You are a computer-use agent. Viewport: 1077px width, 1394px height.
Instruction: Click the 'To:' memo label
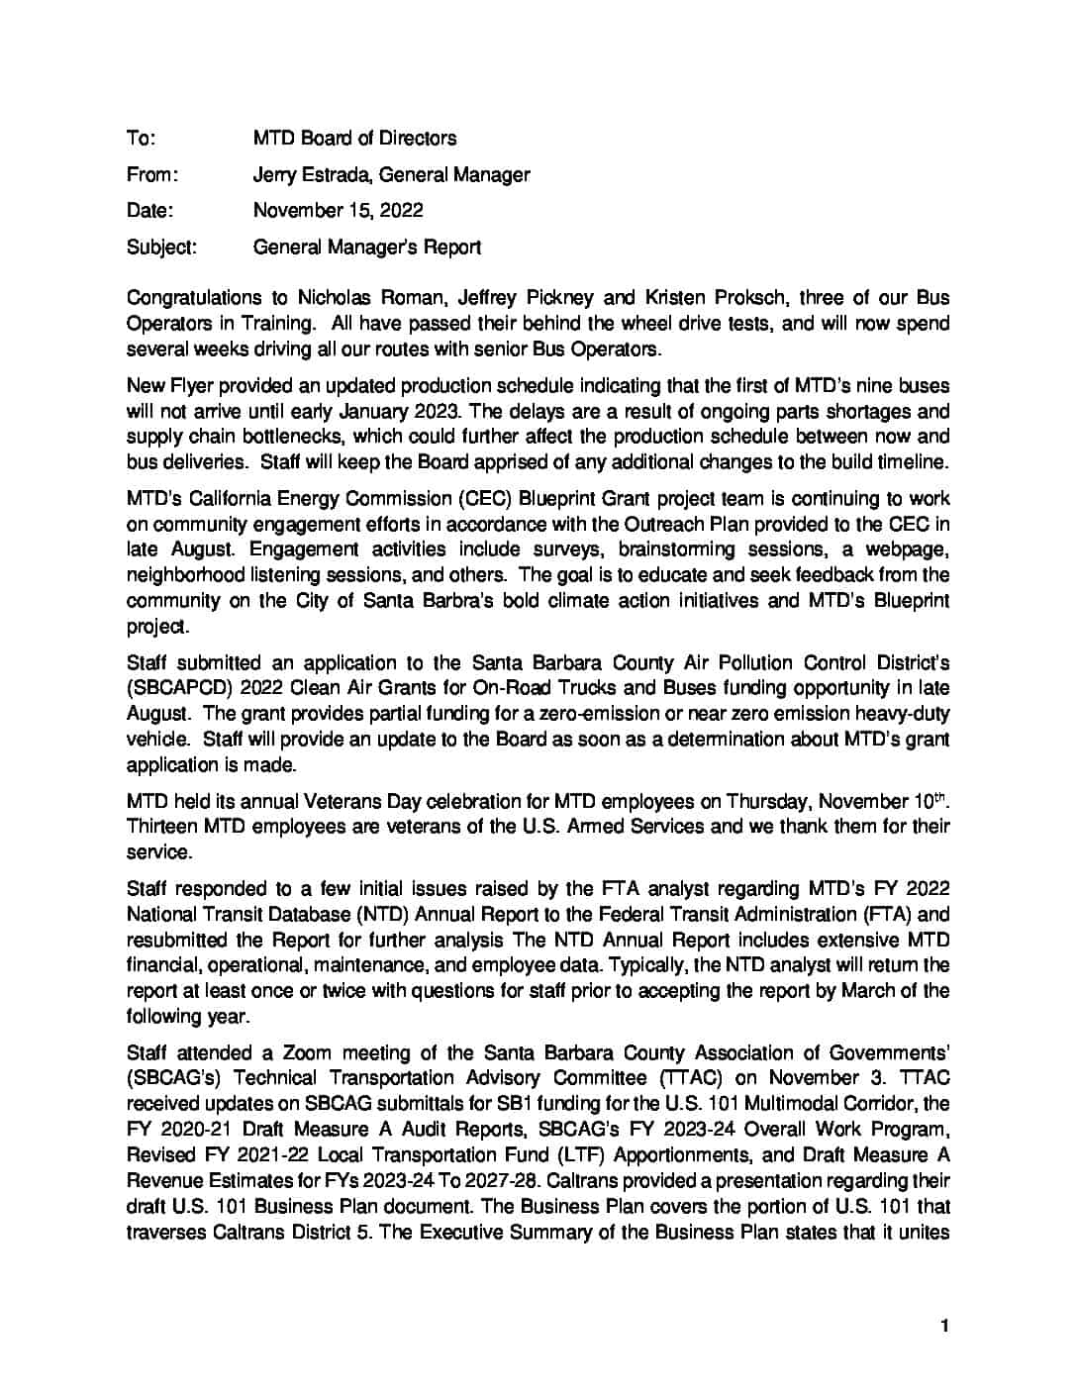point(141,139)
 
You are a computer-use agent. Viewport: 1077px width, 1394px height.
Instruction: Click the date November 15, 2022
point(339,210)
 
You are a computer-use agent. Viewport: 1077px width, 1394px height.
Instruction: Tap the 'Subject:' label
point(161,247)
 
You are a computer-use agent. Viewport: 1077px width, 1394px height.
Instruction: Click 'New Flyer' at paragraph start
point(163,386)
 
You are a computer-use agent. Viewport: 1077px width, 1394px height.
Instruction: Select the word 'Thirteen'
point(157,827)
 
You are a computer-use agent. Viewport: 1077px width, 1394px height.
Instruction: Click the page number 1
point(945,1326)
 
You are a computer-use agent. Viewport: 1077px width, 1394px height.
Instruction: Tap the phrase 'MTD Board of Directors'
point(354,139)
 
